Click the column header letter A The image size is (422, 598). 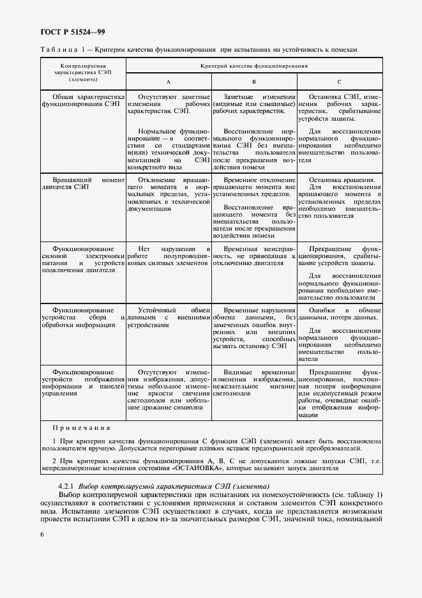pos(169,82)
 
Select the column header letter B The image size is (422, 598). pos(254,82)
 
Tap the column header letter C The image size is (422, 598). pos(339,82)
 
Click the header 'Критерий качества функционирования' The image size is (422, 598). pos(254,65)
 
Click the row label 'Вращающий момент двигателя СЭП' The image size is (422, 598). pos(83,185)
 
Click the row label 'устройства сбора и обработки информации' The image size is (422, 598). pos(83,317)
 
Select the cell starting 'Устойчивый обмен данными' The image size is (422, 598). pos(169,317)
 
